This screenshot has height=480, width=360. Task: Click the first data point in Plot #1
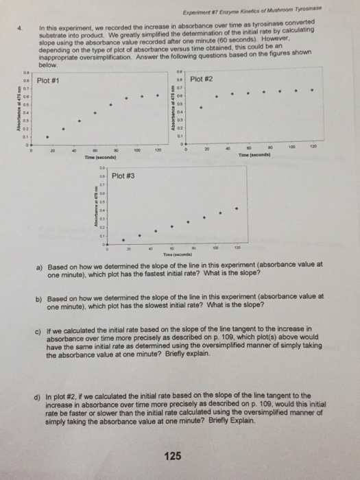pos(47,137)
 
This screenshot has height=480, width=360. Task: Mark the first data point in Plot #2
pos(201,107)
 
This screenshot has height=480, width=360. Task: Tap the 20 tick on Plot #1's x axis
pos(52,151)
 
